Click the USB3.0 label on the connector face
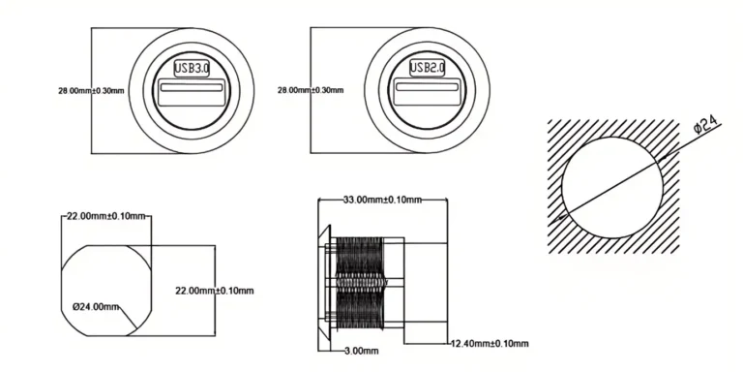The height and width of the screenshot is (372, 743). click(x=191, y=69)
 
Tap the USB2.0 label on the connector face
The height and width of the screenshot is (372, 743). click(x=427, y=68)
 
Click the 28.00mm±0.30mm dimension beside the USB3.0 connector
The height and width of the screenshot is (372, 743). click(x=91, y=90)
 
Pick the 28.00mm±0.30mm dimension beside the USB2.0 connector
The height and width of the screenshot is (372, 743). click(x=311, y=90)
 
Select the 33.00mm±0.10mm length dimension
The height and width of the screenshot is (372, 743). click(x=382, y=201)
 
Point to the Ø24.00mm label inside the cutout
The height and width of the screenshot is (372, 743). click(x=97, y=307)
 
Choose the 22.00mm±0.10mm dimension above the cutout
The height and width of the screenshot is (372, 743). click(x=104, y=216)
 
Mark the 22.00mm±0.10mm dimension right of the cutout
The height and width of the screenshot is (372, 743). click(x=214, y=291)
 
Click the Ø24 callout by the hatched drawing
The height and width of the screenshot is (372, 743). click(x=703, y=124)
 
